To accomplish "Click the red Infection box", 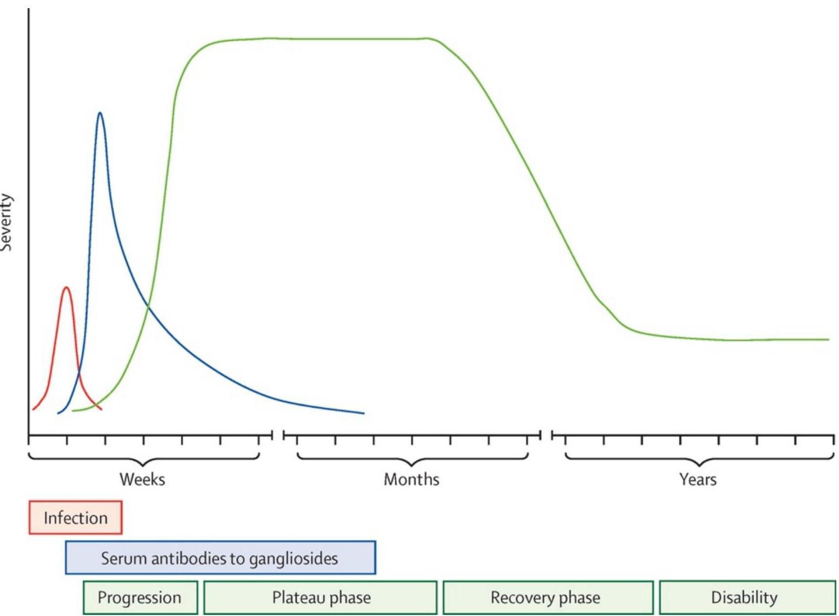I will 75,517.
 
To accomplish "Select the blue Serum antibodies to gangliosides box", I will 220,558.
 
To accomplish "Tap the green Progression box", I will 140,597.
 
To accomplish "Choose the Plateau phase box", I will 321,597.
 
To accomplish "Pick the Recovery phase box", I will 547,597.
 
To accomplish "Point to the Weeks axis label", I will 142,480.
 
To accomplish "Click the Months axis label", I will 411,480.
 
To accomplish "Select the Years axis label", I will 698,480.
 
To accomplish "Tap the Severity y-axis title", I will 7,222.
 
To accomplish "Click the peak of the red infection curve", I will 66,287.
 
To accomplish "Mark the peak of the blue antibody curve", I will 100,113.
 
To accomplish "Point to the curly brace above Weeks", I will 143,459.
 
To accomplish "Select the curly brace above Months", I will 412,459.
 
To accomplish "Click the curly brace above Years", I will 699,459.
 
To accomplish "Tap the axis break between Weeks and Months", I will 278,435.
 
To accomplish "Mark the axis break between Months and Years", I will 546,435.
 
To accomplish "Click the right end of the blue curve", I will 364,413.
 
